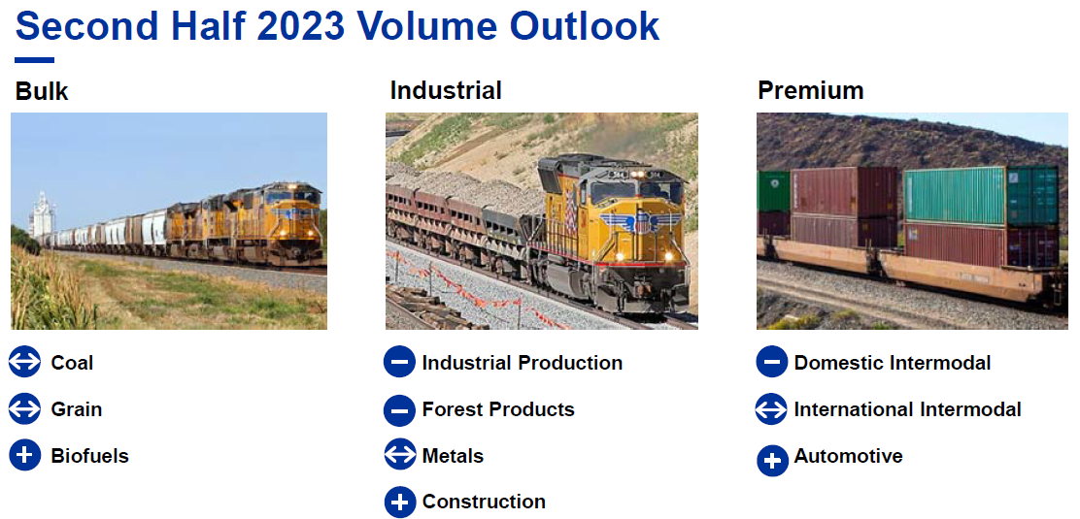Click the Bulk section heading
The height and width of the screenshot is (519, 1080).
(42, 91)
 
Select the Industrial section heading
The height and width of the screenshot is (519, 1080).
(446, 90)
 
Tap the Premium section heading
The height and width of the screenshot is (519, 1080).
(811, 91)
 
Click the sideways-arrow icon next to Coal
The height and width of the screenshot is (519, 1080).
(25, 362)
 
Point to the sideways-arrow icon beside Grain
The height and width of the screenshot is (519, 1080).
(25, 408)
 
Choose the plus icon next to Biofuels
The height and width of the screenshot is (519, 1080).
(25, 455)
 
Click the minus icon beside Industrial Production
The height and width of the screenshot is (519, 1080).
(399, 362)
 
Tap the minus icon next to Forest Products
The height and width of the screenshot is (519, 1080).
(399, 410)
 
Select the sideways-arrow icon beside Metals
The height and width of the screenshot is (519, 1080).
(399, 455)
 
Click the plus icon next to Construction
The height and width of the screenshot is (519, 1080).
(399, 502)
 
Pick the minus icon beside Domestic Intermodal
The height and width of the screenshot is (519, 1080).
(771, 362)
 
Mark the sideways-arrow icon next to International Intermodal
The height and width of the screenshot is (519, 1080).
(771, 409)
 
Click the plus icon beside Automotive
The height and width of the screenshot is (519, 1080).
(772, 461)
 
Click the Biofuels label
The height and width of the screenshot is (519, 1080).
(89, 455)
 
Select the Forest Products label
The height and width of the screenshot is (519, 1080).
(498, 409)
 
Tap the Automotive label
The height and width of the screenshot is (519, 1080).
(848, 456)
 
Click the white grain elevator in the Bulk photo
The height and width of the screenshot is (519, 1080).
(42, 214)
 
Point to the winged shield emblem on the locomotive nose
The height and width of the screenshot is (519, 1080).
(641, 221)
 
